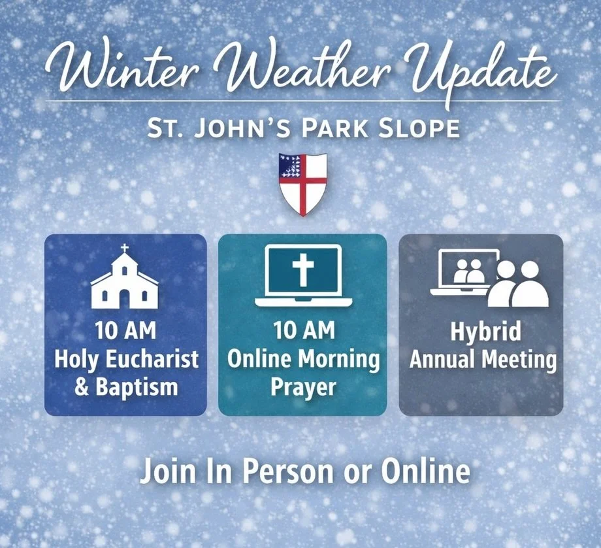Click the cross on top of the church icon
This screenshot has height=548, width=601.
(125, 248)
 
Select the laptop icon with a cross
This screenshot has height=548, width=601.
(303, 275)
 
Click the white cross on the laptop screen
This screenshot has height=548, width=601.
(303, 269)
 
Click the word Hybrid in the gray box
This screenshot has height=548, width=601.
(485, 332)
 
